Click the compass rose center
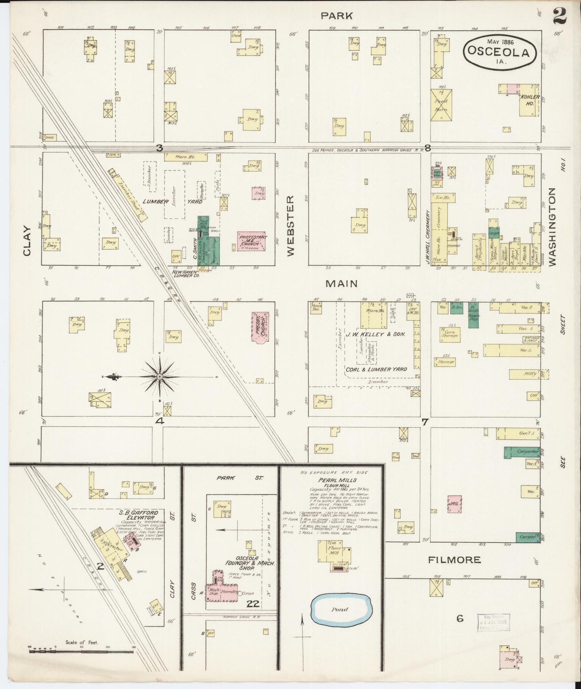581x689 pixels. [159, 376]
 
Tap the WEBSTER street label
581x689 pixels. [291, 226]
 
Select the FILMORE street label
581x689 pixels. [454, 559]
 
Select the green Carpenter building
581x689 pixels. [522, 452]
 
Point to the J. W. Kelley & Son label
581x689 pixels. [374, 334]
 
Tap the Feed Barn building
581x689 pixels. [441, 105]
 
